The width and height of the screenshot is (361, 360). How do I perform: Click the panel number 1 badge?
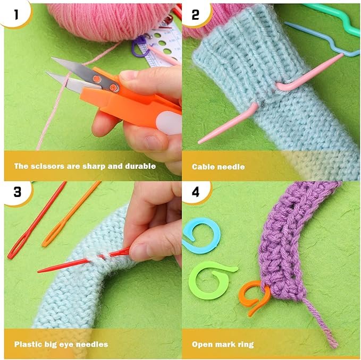tap(15, 14)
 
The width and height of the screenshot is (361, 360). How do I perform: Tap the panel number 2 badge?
tap(196, 14)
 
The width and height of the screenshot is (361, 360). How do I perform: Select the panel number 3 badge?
tap(18, 192)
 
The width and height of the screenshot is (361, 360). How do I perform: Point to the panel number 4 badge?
tap(196, 192)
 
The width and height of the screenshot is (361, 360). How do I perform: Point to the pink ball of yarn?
tap(111, 20)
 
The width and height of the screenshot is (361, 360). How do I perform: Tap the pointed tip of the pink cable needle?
tap(199, 142)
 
